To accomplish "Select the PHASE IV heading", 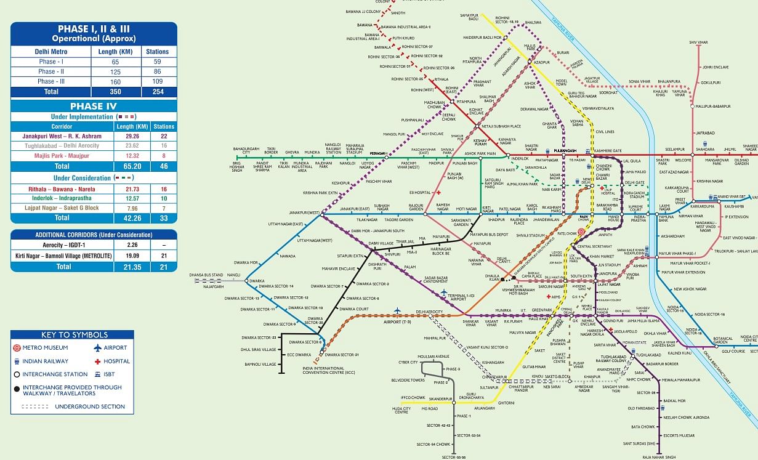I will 94,106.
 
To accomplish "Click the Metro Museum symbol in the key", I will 17,348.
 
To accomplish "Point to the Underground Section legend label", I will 90,406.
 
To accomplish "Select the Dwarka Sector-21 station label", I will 341,355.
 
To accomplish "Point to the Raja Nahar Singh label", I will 659,457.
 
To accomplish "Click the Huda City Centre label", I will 401,411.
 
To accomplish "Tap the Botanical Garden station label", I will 723,340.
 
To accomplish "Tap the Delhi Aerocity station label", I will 429,312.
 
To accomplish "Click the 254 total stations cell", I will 157,91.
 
